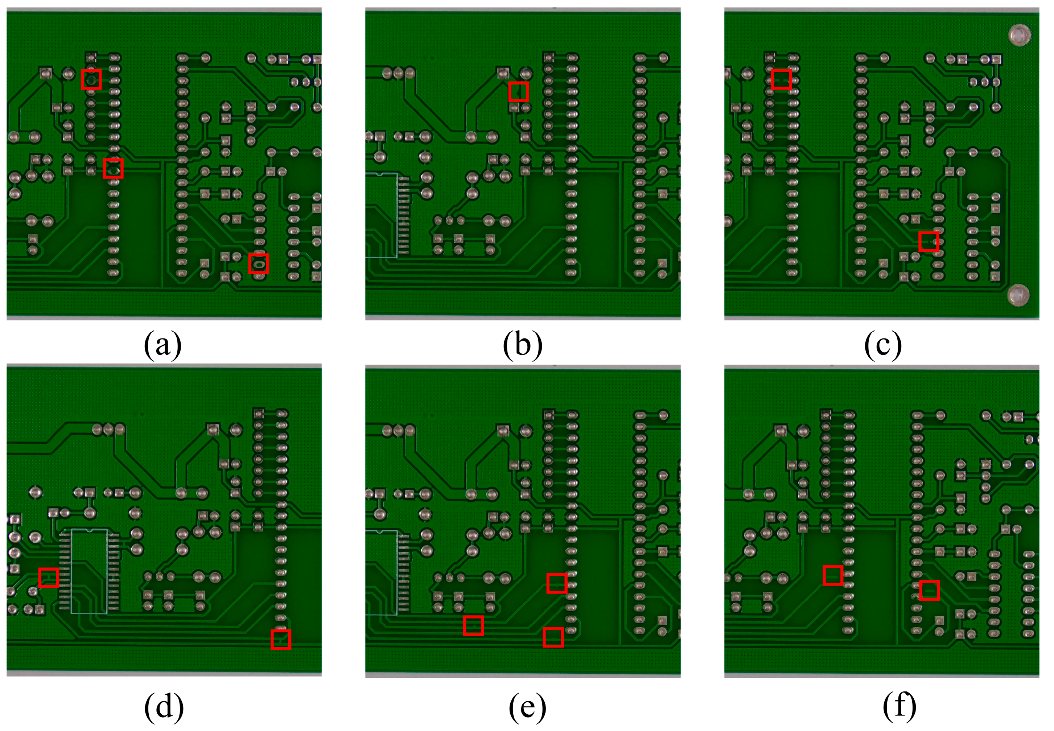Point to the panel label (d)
pos(164,706)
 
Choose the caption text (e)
pos(527,706)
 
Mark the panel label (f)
pos(899,706)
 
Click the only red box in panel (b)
pos(519,92)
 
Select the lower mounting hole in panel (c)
pos(1019,294)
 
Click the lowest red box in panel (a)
pos(259,263)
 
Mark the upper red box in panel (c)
pos(781,79)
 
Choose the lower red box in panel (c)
pos(929,241)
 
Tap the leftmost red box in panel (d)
pos(49,578)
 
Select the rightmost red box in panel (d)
pos(281,640)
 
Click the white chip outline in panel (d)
pos(89,571)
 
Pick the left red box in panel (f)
pos(833,575)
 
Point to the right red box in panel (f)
pos(930,590)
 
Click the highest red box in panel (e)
pos(557,583)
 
